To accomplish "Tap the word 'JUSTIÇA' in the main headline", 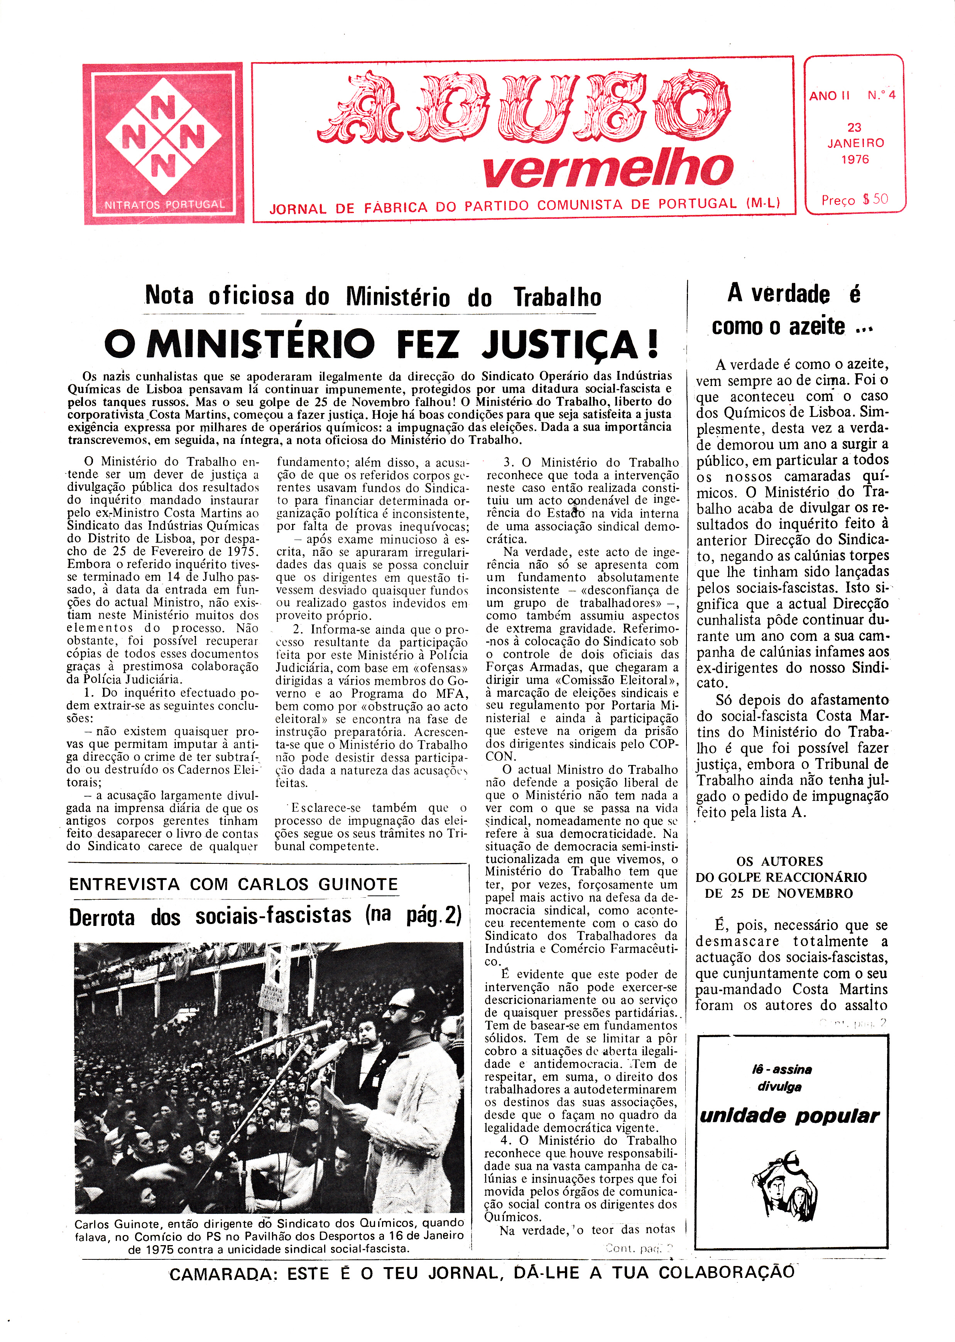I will (x=569, y=344).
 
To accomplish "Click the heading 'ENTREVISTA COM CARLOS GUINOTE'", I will (x=233, y=885).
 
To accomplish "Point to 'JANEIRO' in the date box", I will (x=855, y=143).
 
